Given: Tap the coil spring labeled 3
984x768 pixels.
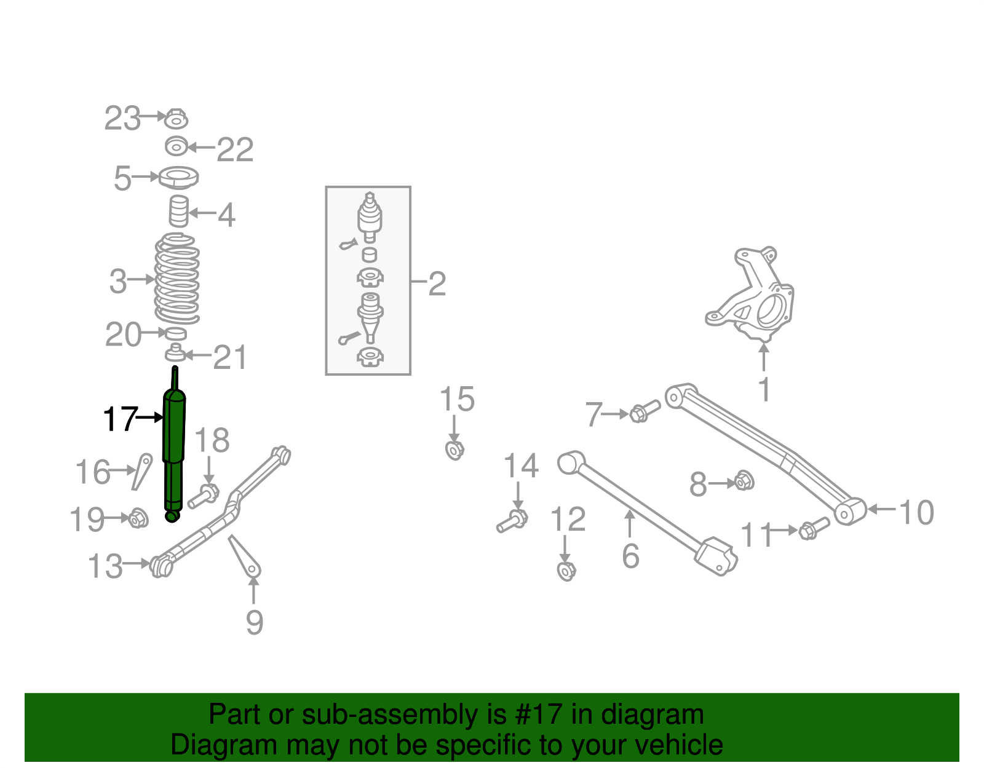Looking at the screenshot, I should pyautogui.click(x=177, y=280).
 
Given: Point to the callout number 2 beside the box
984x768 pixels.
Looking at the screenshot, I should pyautogui.click(x=437, y=284).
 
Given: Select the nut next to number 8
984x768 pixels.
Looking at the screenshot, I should pyautogui.click(x=744, y=480).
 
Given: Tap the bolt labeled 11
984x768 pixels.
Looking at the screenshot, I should pyautogui.click(x=813, y=528).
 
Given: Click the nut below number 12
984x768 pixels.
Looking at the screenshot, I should pyautogui.click(x=566, y=571).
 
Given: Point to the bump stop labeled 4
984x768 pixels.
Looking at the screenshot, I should pyautogui.click(x=178, y=212).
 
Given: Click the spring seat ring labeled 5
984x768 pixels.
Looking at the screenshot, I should pyautogui.click(x=178, y=178).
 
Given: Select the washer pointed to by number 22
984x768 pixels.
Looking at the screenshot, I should pyautogui.click(x=177, y=147).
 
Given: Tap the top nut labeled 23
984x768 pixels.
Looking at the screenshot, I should pyautogui.click(x=176, y=118).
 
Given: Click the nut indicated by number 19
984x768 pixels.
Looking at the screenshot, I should pyautogui.click(x=138, y=518).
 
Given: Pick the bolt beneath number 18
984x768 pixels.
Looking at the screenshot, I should pyautogui.click(x=204, y=496).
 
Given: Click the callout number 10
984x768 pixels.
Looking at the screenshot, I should pyautogui.click(x=916, y=512).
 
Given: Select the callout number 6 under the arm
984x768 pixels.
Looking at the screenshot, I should pyautogui.click(x=630, y=556).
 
